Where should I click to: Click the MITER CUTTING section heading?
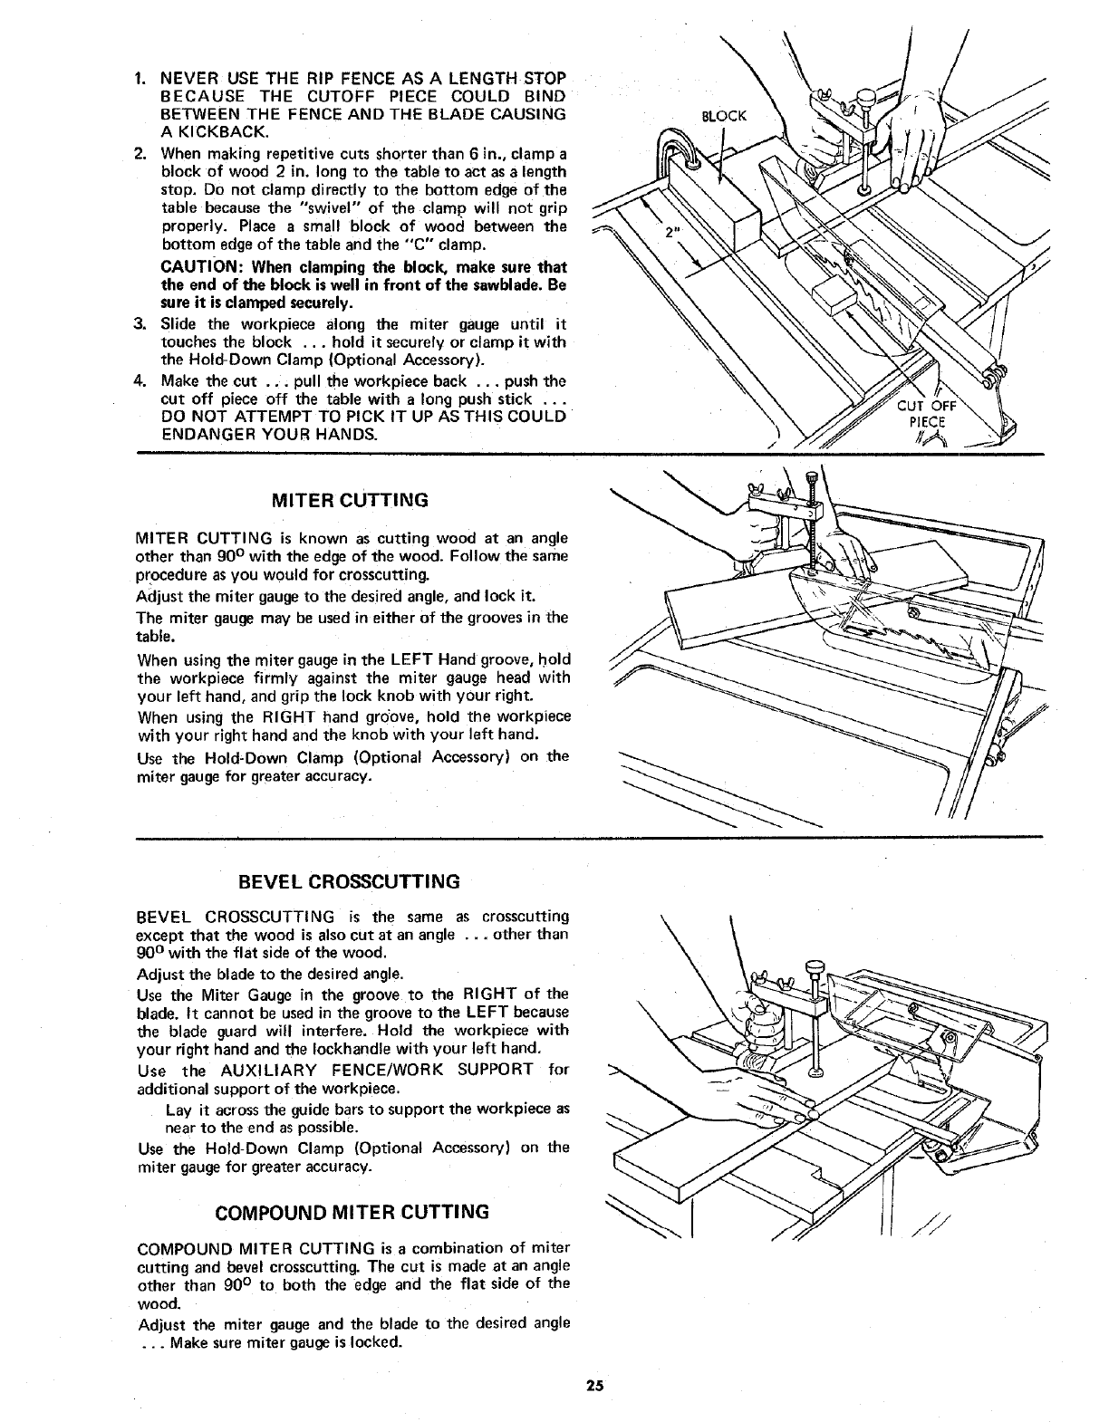click(x=351, y=500)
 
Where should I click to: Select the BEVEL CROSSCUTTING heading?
click(x=351, y=881)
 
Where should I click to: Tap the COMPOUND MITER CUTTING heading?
click(x=351, y=1212)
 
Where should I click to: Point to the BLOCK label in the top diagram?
click(x=725, y=116)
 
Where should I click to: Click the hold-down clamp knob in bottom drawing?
click(x=819, y=973)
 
